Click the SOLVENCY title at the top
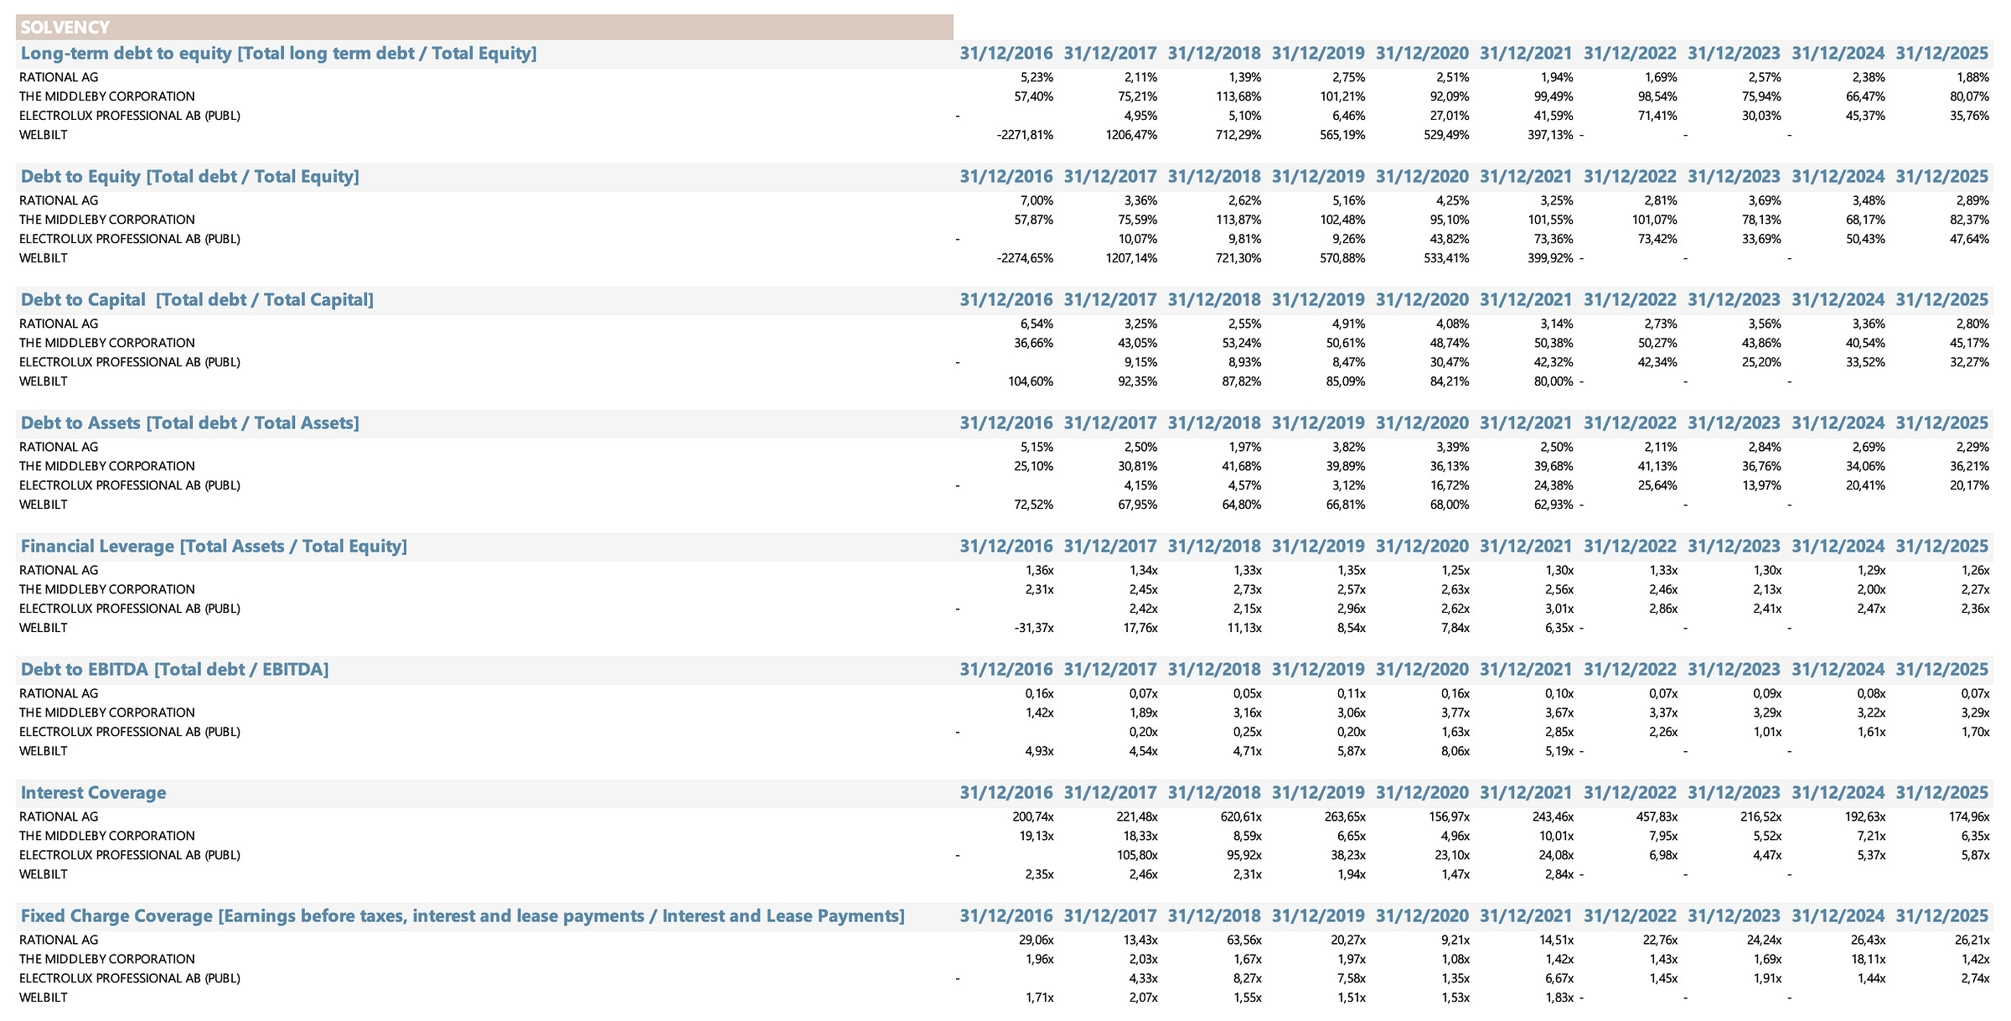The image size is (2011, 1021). click(x=65, y=28)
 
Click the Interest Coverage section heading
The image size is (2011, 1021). click(x=94, y=793)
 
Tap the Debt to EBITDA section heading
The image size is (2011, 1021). click(x=175, y=670)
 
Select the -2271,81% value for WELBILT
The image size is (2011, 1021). click(x=1026, y=135)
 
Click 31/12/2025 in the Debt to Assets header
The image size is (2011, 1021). click(x=1942, y=423)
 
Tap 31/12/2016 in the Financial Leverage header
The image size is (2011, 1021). click(x=1006, y=547)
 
